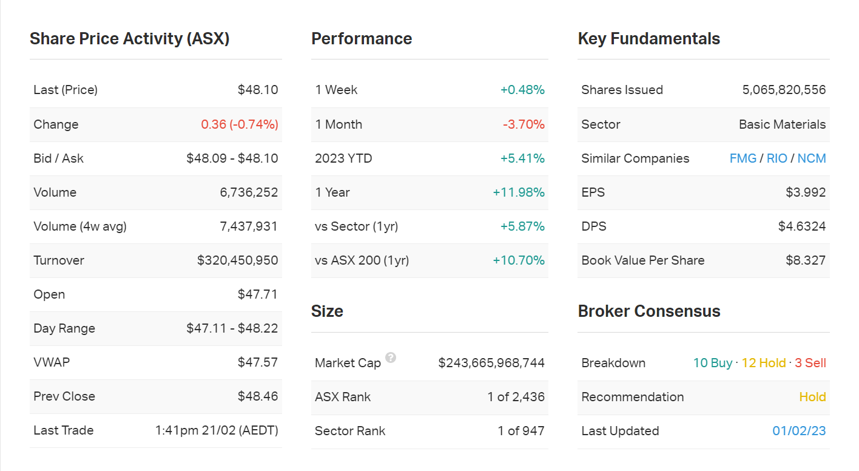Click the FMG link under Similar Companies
click(x=743, y=158)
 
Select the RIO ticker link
click(x=776, y=158)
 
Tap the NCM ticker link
click(x=812, y=158)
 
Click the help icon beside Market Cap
click(x=391, y=357)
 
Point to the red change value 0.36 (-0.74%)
click(x=240, y=124)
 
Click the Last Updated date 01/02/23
click(x=799, y=431)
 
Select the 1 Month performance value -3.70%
click(x=524, y=124)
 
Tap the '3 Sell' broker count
click(x=810, y=363)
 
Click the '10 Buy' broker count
click(x=713, y=363)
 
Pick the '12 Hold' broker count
click(x=764, y=363)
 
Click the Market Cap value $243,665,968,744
click(x=491, y=363)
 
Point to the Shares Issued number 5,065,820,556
click(x=784, y=90)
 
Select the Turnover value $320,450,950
click(x=237, y=260)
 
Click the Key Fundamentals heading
click(x=648, y=39)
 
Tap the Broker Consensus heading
click(x=648, y=311)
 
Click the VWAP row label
click(x=52, y=362)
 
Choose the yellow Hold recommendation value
click(x=812, y=397)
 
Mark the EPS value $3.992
click(x=806, y=192)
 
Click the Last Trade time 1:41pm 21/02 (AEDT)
click(x=217, y=430)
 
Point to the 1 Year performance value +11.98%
click(x=519, y=192)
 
